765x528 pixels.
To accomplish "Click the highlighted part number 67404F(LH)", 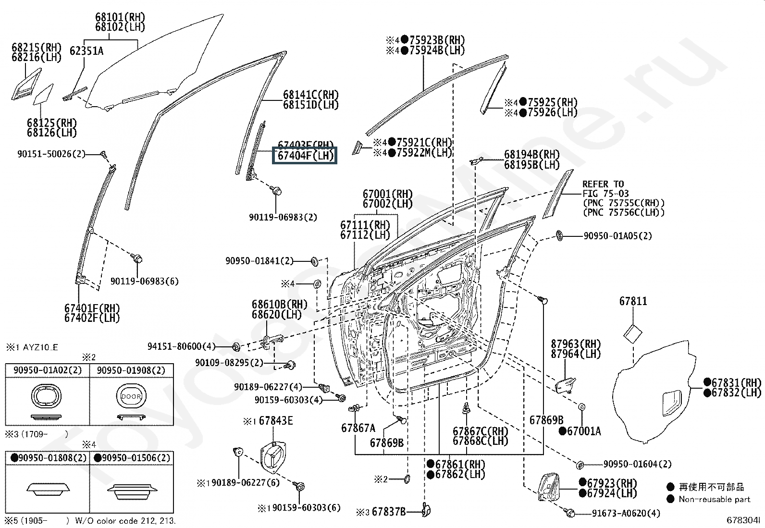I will (305, 156).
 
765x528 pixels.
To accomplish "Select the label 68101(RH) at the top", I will (120, 17).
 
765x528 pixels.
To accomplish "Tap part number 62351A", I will (86, 50).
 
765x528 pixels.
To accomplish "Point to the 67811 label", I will (633, 301).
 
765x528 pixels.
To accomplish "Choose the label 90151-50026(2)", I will (51, 154).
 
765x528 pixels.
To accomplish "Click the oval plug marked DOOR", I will (131, 397).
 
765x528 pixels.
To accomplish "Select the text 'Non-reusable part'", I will (714, 499).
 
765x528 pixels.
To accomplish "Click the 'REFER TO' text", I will (603, 184).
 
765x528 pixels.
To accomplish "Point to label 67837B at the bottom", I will (388, 512).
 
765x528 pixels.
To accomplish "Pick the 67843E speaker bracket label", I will (275, 421).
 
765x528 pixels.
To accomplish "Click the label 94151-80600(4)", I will (182, 346).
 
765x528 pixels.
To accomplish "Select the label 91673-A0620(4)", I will (626, 513).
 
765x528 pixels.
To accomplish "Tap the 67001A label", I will (583, 431).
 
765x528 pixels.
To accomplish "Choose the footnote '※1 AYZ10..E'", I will (32, 347).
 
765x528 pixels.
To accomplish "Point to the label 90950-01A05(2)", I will (617, 236).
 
